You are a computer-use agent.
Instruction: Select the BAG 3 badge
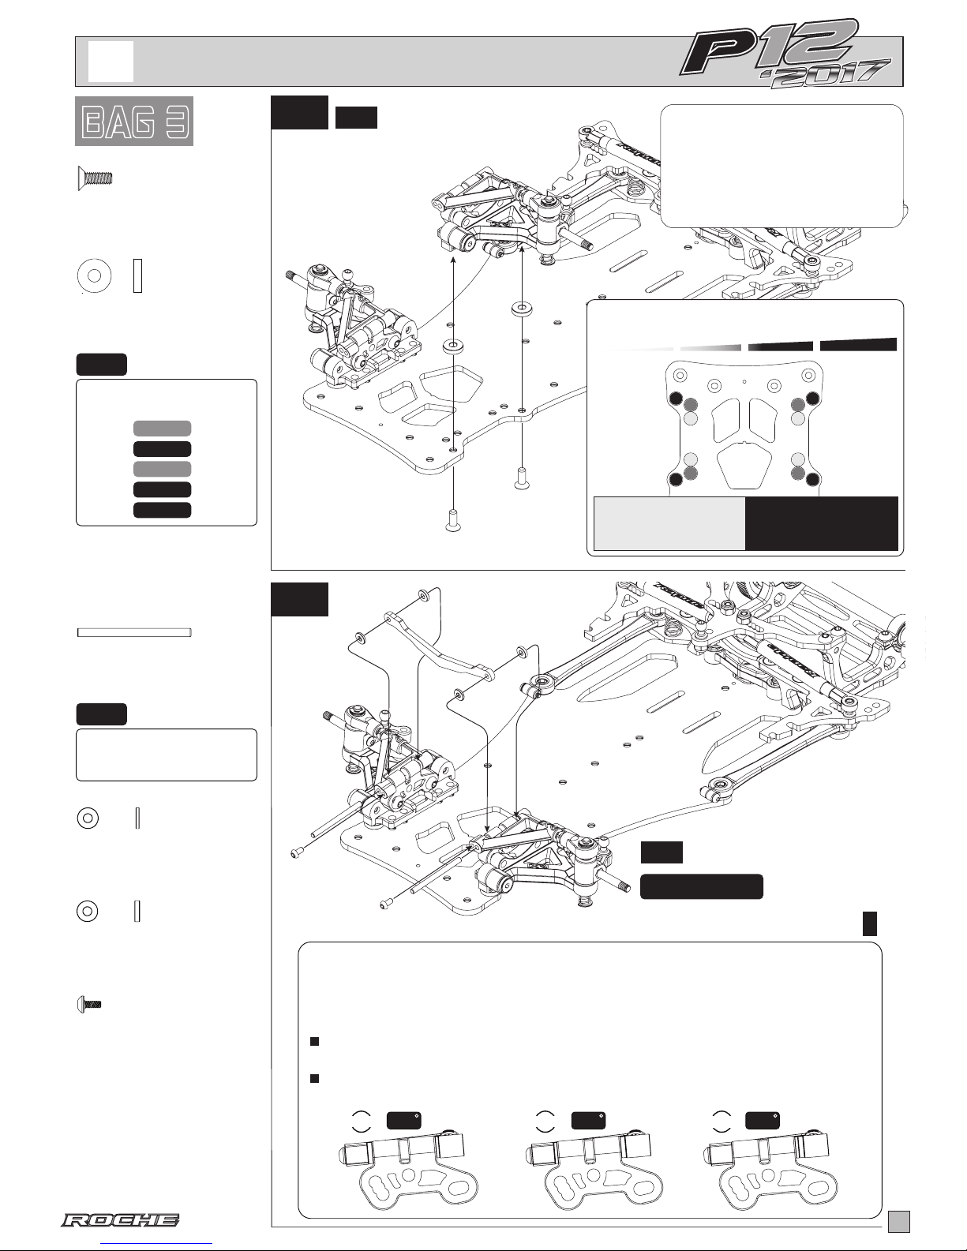click(x=134, y=121)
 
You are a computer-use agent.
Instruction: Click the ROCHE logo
click(x=120, y=1220)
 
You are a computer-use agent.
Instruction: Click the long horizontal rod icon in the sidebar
click(x=134, y=633)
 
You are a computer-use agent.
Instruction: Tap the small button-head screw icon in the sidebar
click(x=88, y=1006)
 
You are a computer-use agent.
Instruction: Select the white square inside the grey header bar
click(x=111, y=61)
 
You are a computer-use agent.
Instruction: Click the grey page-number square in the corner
click(x=899, y=1221)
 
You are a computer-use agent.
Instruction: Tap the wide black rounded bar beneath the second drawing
click(x=702, y=886)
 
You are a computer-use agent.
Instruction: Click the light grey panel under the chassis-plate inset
click(x=669, y=524)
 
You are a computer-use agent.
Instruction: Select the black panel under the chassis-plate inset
click(x=822, y=524)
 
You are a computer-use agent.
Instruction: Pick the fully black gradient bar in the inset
click(x=858, y=345)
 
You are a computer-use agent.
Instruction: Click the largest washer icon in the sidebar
click(x=95, y=275)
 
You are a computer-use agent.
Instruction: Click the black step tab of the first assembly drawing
click(x=299, y=112)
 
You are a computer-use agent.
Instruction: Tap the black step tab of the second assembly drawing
click(x=299, y=599)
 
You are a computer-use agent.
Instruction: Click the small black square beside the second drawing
click(x=870, y=923)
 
